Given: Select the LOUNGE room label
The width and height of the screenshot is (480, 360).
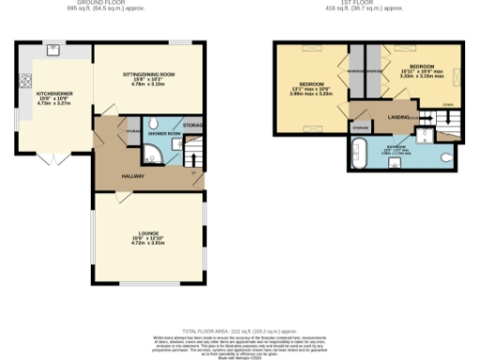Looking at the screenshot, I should coord(149,232).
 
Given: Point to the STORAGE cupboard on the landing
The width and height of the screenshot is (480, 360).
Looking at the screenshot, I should coord(361,126).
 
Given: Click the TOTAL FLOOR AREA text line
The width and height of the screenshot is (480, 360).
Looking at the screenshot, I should coord(239,331).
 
